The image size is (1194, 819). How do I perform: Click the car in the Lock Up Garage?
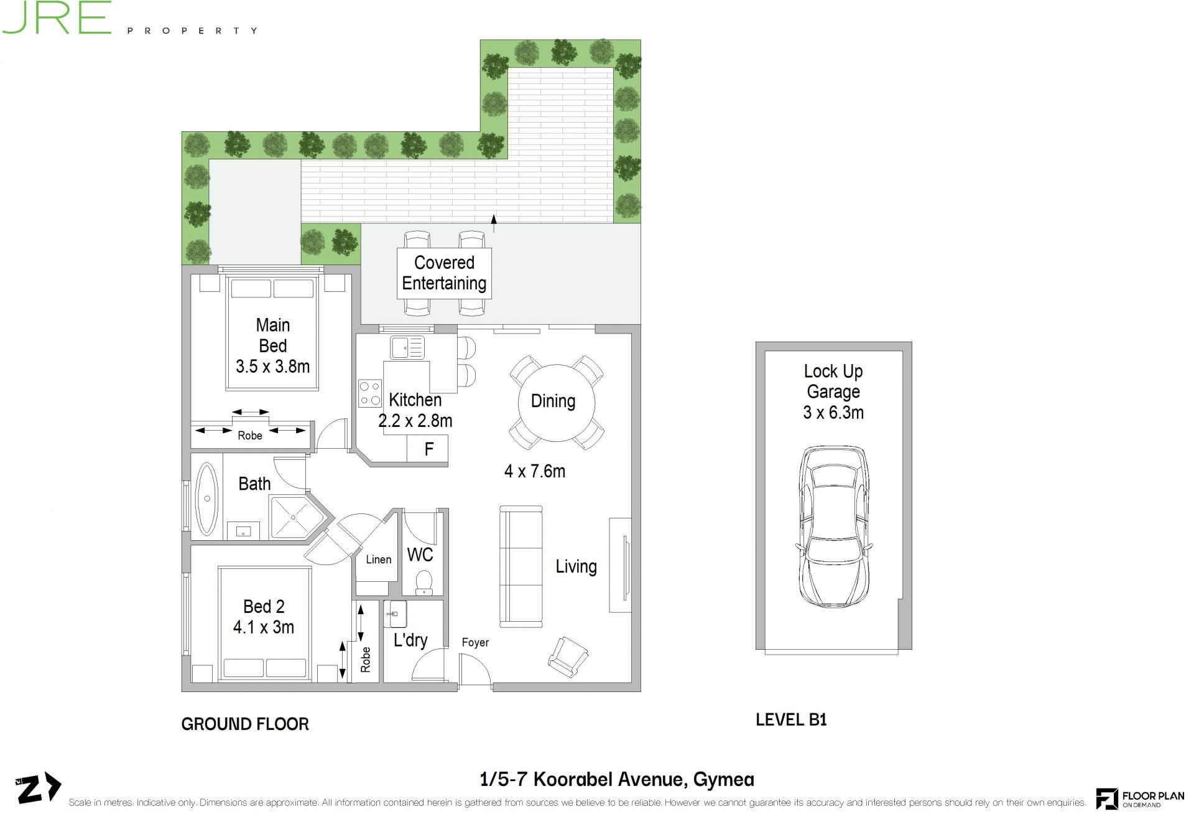pos(833,526)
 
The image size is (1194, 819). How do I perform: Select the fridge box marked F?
pos(427,449)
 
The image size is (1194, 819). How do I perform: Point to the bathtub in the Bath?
pos(206,498)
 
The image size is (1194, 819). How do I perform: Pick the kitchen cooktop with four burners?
pos(370,393)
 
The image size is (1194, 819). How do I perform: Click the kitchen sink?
pos(407,347)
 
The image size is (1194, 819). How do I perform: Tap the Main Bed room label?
pos(272,335)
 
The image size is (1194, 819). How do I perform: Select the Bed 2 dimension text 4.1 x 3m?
pos(264,627)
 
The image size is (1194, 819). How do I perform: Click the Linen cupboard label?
pos(379,559)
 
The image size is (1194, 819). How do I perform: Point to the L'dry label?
pos(410,640)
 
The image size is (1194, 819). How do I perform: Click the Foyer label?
pos(475,642)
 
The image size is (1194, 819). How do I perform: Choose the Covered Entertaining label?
pos(444,273)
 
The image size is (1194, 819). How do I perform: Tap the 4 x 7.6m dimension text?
pos(535,471)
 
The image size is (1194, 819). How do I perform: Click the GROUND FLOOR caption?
pos(245,724)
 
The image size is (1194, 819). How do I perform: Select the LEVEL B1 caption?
pos(791,719)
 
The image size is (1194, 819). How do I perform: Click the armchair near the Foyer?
pos(568,657)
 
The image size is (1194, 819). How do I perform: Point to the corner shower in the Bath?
pos(297,517)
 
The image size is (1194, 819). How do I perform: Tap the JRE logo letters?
pos(56,17)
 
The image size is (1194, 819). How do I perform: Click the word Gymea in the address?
pos(723,780)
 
